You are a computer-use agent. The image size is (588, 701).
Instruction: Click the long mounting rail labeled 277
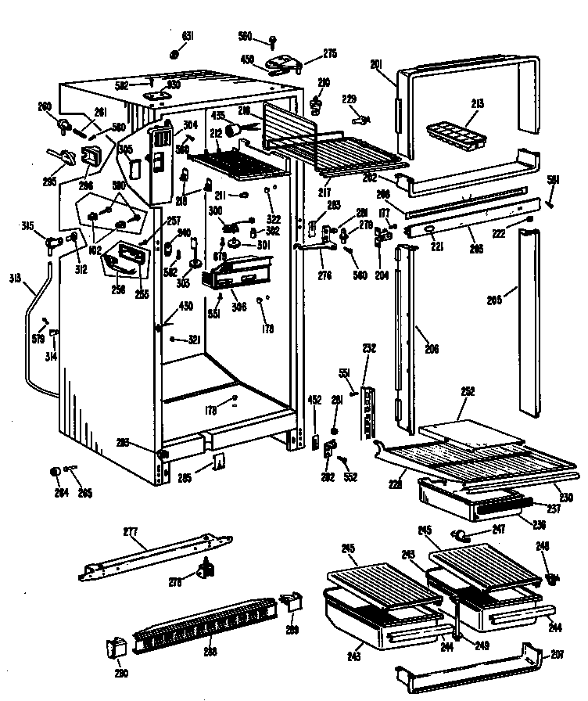click(x=156, y=557)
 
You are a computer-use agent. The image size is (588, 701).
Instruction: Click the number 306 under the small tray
click(x=238, y=307)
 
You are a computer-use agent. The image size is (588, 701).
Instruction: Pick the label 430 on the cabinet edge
click(x=187, y=306)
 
